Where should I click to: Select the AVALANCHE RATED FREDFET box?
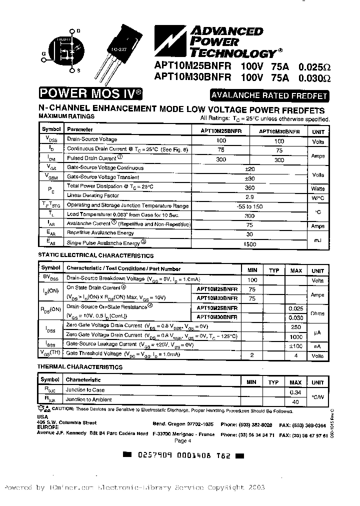269,96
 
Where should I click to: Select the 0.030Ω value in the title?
314,77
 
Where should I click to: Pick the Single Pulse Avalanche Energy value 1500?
249,244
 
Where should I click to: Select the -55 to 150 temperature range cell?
249,206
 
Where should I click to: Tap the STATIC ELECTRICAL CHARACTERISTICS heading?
96,255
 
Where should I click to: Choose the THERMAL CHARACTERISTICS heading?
80,367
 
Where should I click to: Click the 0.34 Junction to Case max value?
296,392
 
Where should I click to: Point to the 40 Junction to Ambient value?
296,401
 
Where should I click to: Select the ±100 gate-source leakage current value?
296,345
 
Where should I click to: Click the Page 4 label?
183,440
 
